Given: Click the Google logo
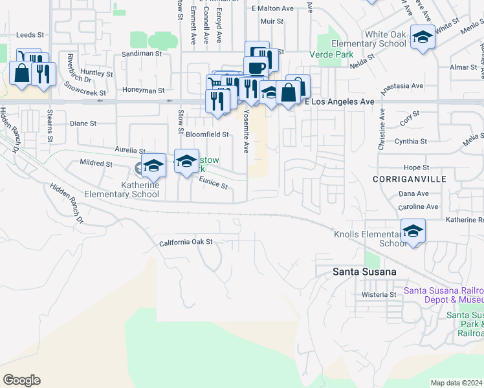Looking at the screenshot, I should click(21, 380).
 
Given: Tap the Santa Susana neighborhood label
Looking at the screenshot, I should click(364, 272).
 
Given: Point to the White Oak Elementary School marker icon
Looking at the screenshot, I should click(423, 38).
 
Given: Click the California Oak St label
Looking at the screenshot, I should click(186, 242).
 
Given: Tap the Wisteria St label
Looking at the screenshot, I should click(379, 294).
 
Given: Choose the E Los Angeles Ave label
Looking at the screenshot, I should click(340, 102).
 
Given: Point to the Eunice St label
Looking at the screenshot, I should click(213, 184).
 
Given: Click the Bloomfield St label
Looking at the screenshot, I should click(207, 135).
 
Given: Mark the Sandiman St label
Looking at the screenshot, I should click(140, 54).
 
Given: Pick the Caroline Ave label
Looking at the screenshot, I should click(419, 207).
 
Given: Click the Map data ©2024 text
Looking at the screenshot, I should click(456, 383).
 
